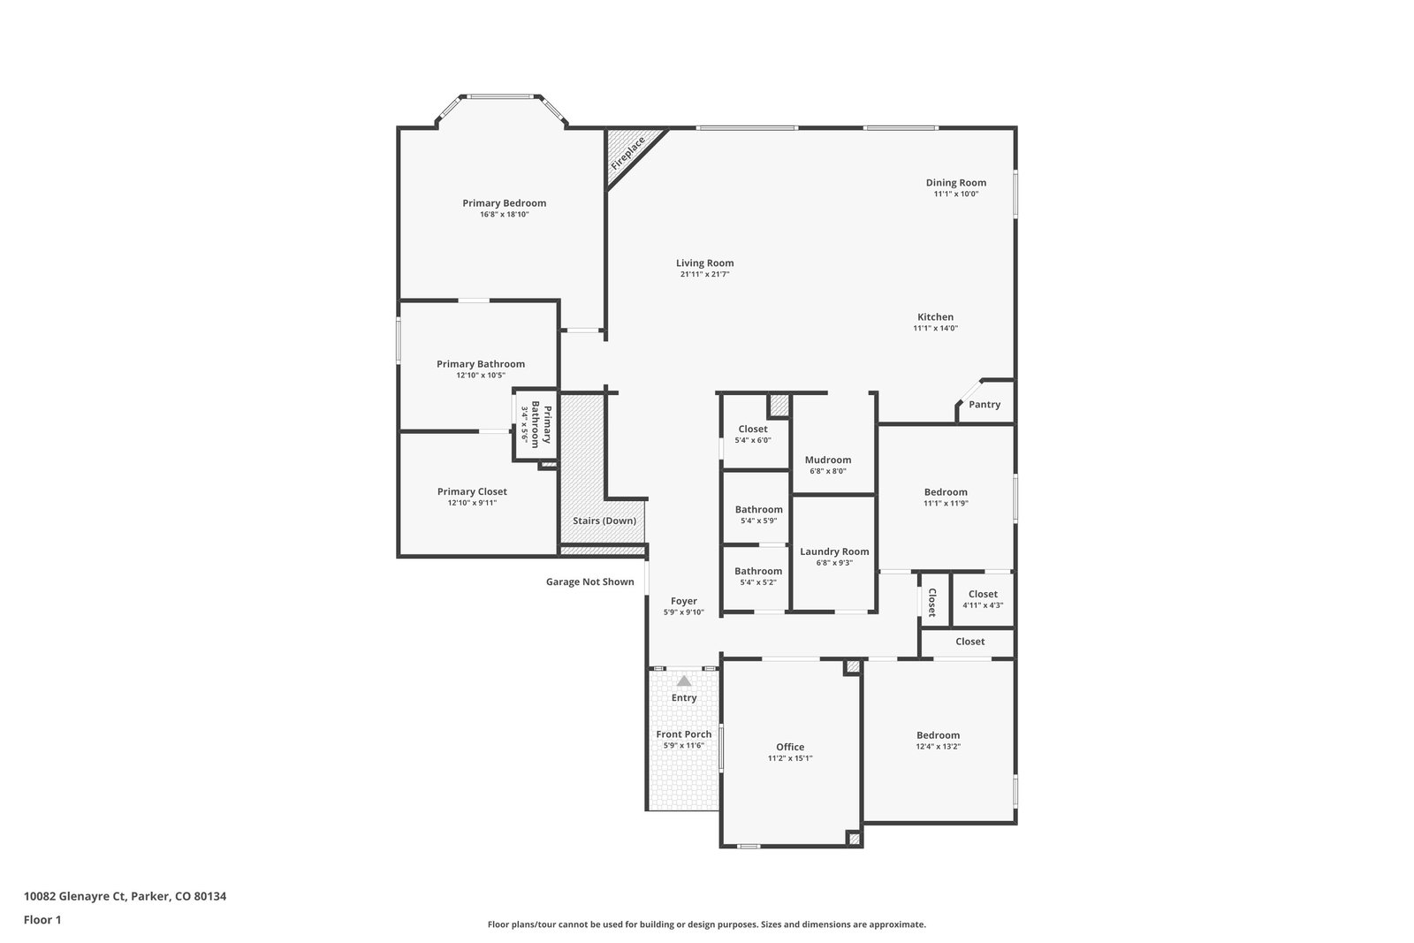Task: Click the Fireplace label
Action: [627, 154]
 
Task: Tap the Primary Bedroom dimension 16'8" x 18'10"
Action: [505, 215]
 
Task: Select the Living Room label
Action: [704, 263]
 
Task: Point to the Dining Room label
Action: [955, 183]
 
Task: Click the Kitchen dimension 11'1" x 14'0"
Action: [936, 328]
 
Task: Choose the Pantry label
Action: [984, 405]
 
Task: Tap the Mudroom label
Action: [827, 460]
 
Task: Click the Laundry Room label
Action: [834, 551]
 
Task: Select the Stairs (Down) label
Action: [604, 521]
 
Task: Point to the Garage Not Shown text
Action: [589, 582]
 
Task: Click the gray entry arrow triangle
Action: [684, 681]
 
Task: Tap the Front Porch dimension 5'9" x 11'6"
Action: [684, 745]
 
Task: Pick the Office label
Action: [790, 748]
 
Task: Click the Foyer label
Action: [684, 602]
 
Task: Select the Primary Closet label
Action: [472, 491]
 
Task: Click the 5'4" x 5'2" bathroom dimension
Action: [758, 582]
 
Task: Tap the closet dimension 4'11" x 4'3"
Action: [983, 605]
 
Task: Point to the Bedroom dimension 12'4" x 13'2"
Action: [938, 747]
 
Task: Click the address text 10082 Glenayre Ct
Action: [75, 896]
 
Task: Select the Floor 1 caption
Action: [42, 920]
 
